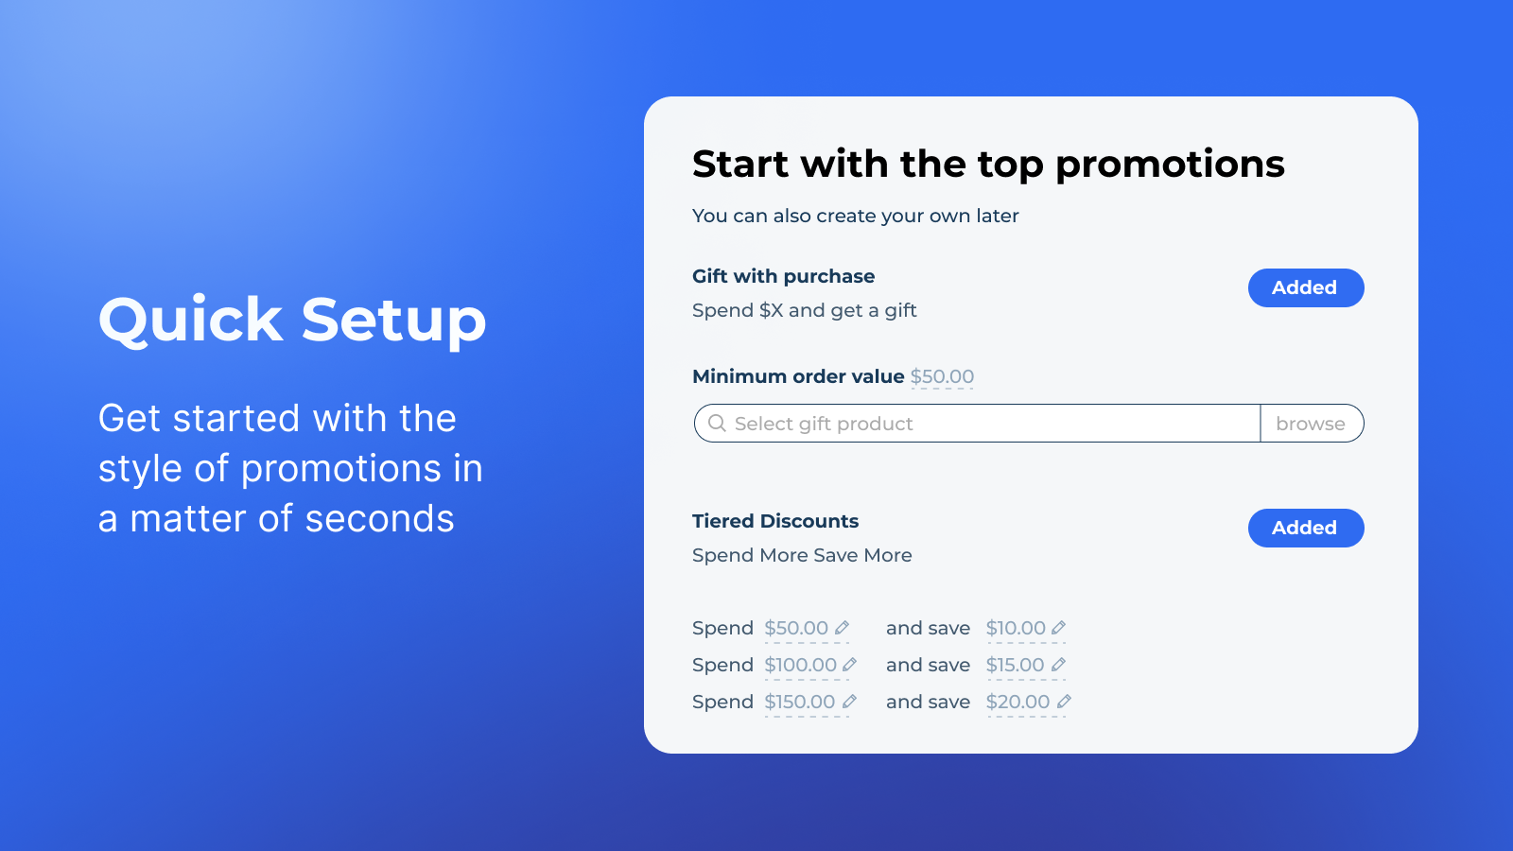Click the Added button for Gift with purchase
[x=1306, y=287]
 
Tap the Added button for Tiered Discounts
[x=1306, y=528]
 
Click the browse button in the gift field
[x=1311, y=424]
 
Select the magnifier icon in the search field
[x=717, y=424]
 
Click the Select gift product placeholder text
[x=824, y=424]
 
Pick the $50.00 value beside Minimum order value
[x=942, y=376]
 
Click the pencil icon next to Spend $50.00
[x=842, y=628]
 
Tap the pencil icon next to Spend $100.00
[x=850, y=665]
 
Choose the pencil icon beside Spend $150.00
[x=850, y=702]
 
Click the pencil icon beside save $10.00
[x=1058, y=628]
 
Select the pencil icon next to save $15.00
[x=1058, y=665]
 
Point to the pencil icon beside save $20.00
[x=1064, y=702]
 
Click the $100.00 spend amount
[x=800, y=665]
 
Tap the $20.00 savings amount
[x=1017, y=702]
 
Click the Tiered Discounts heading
[x=775, y=521]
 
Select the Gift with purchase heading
[x=784, y=276]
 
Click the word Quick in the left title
[x=190, y=320]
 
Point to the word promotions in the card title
[x=1170, y=165]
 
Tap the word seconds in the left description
[x=379, y=519]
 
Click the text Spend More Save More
[x=802, y=555]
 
